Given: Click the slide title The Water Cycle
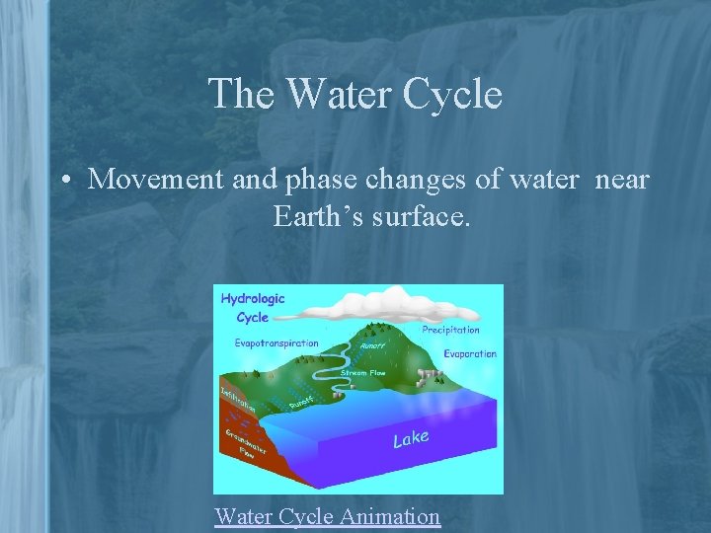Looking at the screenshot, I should [355, 95].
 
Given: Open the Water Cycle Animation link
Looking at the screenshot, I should [327, 515].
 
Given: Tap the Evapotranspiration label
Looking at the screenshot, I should [276, 343].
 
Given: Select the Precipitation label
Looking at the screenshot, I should [450, 330].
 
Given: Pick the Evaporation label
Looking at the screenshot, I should [469, 353].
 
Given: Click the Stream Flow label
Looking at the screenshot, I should [362, 373].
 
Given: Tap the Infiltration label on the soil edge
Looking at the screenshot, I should [237, 400].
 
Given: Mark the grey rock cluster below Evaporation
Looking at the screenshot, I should [427, 375].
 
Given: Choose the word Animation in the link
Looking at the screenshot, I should [389, 515].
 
